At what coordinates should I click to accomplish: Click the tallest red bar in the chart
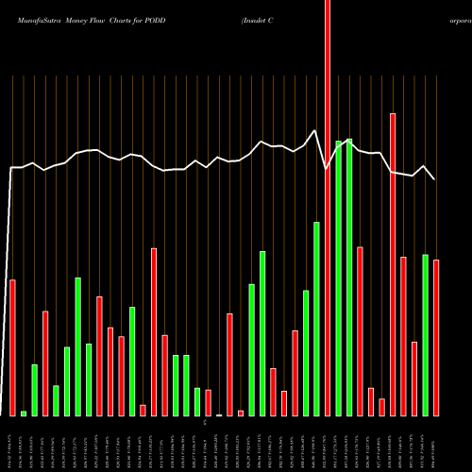click(328, 208)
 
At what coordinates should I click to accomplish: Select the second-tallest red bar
click(393, 264)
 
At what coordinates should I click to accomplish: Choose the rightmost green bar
click(426, 335)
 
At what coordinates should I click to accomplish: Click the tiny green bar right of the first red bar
click(24, 413)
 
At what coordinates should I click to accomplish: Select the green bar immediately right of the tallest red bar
click(339, 278)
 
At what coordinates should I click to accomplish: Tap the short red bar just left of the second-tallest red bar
click(382, 407)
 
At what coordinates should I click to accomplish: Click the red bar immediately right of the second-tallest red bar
click(404, 335)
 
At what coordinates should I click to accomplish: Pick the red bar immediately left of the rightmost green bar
click(414, 378)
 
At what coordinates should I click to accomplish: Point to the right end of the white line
click(435, 178)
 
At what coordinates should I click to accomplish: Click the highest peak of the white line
click(314, 130)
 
